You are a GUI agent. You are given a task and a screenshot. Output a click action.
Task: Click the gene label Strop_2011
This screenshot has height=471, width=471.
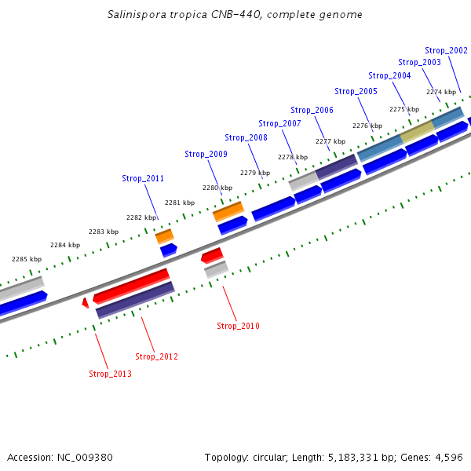(x=143, y=178)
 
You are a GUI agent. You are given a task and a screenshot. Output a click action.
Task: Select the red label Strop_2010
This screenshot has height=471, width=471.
(x=238, y=326)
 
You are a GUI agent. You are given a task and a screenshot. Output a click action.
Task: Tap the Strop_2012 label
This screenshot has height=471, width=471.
(x=156, y=356)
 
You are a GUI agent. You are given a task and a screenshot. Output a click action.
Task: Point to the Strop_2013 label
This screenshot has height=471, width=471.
(x=110, y=374)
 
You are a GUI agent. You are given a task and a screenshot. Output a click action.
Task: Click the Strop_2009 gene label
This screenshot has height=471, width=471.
(x=206, y=154)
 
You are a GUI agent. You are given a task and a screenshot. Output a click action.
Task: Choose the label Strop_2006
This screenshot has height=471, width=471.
(x=312, y=110)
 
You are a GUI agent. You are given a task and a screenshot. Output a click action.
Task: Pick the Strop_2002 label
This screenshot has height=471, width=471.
(x=446, y=50)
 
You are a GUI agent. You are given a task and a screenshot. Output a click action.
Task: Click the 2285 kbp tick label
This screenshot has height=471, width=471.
(x=26, y=259)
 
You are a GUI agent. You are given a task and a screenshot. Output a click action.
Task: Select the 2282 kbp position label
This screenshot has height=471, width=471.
(x=141, y=217)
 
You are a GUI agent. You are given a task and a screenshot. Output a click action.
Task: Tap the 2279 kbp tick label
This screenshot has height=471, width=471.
(x=255, y=173)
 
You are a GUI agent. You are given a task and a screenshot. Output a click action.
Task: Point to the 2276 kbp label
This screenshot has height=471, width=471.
(x=367, y=126)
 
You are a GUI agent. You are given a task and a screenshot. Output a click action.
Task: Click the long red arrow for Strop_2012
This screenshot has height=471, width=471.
(x=131, y=286)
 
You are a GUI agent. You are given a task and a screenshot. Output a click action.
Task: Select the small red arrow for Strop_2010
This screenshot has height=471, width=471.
(x=212, y=255)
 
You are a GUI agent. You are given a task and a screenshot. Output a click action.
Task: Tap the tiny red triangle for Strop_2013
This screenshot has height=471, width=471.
(x=86, y=303)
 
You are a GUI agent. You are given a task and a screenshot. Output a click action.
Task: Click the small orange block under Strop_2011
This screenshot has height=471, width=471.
(x=164, y=235)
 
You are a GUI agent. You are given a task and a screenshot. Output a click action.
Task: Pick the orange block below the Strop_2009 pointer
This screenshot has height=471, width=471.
(x=228, y=210)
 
